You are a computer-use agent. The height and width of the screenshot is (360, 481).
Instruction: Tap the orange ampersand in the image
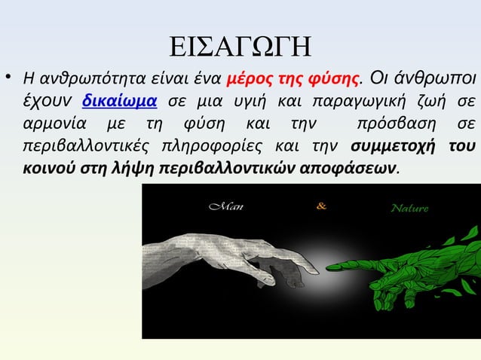tap(322, 206)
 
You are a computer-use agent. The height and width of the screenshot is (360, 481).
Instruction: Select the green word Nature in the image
tap(409, 208)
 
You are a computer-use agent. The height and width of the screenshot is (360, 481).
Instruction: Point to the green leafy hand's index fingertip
tap(330, 266)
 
